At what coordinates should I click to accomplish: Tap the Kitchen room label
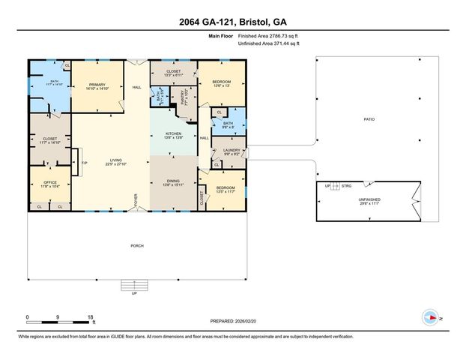(173, 135)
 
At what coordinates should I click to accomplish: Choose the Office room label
(49, 181)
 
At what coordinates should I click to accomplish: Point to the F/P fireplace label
(84, 163)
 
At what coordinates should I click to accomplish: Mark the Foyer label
(136, 200)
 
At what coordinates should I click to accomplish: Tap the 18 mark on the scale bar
(91, 317)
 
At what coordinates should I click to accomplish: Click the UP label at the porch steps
(135, 293)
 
